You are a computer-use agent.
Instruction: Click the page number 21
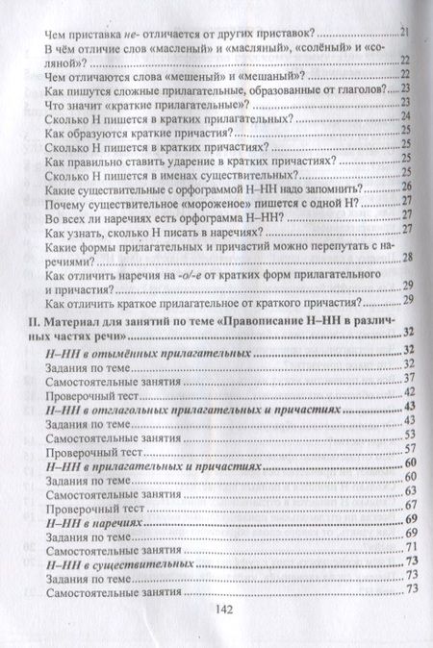click(405, 33)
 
